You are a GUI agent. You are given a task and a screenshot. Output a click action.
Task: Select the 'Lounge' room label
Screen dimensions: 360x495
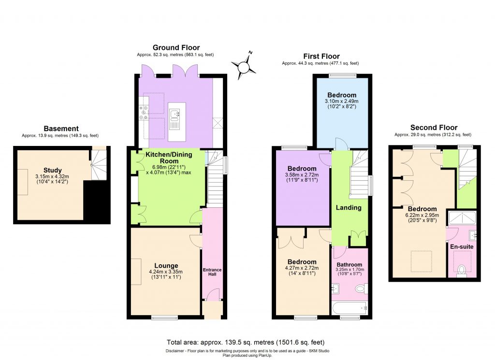pos(166,265)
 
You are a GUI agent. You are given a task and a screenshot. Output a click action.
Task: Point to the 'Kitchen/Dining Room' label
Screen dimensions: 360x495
pos(169,158)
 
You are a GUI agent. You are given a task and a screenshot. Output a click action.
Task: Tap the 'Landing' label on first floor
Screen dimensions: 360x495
pos(349,208)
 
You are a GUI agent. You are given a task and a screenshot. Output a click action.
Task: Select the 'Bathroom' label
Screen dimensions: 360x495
pos(349,265)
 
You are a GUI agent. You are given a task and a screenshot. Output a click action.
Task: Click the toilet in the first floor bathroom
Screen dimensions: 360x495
pos(360,289)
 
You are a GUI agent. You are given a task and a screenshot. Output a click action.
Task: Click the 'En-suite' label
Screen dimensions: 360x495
pos(462,246)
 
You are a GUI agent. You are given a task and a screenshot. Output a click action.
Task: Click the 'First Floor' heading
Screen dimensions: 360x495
pos(321,56)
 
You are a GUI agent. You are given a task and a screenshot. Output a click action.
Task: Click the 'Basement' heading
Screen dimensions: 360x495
pos(61,129)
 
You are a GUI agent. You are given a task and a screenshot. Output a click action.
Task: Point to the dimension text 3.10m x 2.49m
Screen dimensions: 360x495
pos(342,101)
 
